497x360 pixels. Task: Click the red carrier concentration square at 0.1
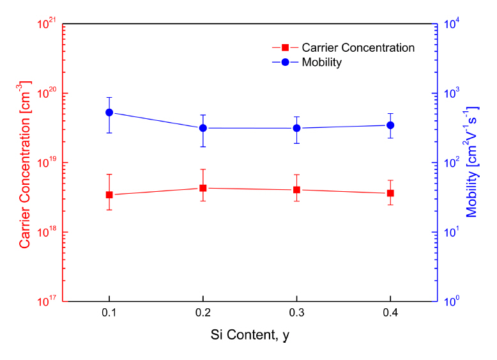(x=109, y=194)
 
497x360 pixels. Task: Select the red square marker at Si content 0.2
(x=203, y=188)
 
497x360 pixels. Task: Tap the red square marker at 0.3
(x=297, y=190)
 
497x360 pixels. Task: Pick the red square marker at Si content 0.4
(x=390, y=193)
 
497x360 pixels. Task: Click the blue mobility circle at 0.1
(x=109, y=113)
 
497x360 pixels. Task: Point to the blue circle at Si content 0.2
(x=203, y=128)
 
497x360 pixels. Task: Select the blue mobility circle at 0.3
(x=297, y=128)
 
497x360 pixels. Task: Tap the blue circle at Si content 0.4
(x=390, y=125)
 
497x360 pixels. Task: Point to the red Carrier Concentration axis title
(x=25, y=164)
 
